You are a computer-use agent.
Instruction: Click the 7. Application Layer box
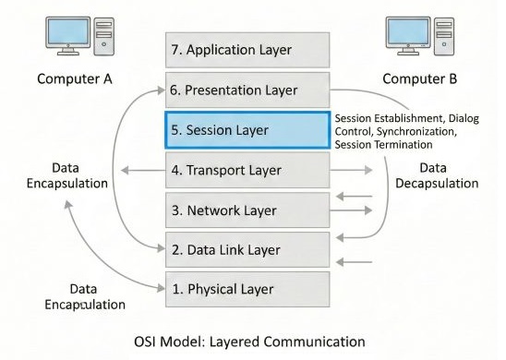pyautogui.click(x=247, y=50)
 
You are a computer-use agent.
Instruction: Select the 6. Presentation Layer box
pyautogui.click(x=247, y=90)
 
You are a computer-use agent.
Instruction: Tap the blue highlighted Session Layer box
pyautogui.click(x=247, y=130)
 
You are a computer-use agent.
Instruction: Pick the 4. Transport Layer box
pyautogui.click(x=247, y=170)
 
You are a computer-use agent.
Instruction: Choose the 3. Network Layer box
pyautogui.click(x=247, y=210)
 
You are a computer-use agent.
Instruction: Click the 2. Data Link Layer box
pyautogui.click(x=247, y=249)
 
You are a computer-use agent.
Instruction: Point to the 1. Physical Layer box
pyautogui.click(x=247, y=289)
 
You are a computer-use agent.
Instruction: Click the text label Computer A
pyautogui.click(x=74, y=78)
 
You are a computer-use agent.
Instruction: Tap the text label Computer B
pyautogui.click(x=420, y=78)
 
